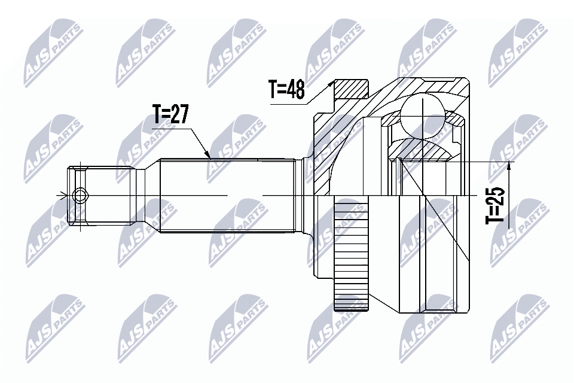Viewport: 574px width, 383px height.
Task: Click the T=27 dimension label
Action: click(171, 113)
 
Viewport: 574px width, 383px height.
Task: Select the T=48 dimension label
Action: click(286, 90)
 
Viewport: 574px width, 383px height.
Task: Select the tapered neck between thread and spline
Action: click(147, 195)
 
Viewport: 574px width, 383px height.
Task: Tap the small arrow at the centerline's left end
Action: click(60, 195)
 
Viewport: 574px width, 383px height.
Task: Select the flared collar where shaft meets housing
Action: click(307, 180)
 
